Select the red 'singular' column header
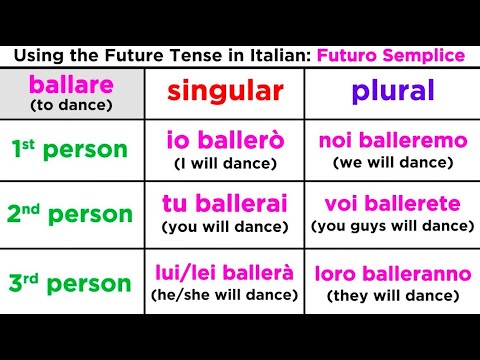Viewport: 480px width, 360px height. click(x=225, y=92)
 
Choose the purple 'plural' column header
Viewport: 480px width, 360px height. click(x=392, y=92)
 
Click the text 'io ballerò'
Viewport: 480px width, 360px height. click(x=225, y=141)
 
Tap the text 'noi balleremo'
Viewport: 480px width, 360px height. click(x=392, y=141)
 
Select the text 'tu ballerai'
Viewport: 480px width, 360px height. click(x=225, y=204)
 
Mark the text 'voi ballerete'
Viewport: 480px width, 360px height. click(x=392, y=204)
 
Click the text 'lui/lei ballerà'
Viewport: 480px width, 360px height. click(x=225, y=271)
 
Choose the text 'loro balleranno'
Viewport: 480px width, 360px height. click(x=392, y=271)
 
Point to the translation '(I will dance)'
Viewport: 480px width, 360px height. click(x=225, y=163)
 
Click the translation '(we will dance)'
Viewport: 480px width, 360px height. click(x=392, y=163)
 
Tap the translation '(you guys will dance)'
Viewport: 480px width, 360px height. click(x=392, y=226)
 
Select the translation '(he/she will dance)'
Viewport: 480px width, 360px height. click(x=225, y=294)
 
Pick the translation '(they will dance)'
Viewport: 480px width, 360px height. click(x=392, y=294)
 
